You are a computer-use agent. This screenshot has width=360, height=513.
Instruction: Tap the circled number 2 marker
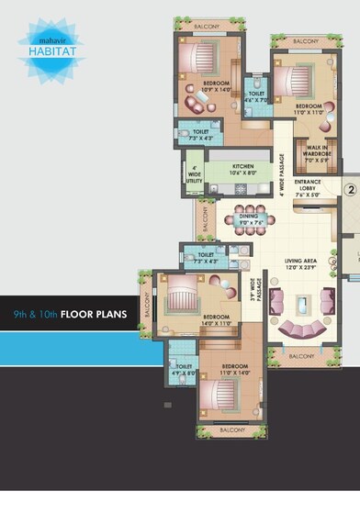click(x=349, y=191)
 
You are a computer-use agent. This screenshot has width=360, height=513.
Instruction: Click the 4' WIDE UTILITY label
click(x=194, y=175)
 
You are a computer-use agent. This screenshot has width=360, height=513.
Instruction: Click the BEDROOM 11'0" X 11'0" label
click(x=309, y=108)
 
